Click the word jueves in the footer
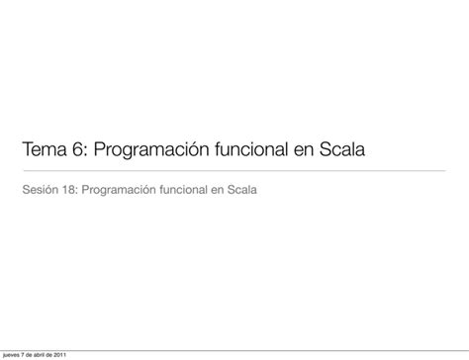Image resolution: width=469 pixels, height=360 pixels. [x=13, y=355]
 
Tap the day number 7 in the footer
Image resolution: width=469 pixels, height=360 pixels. [x=28, y=355]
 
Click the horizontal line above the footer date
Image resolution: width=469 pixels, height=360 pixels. [x=234, y=348]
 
